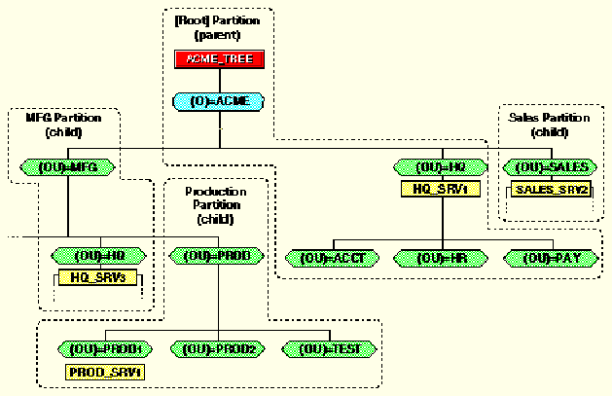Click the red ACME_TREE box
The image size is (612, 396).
pos(217,59)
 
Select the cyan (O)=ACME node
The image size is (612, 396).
pos(217,100)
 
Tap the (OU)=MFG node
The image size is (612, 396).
pos(68,167)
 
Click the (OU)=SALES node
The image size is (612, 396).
pos(550,167)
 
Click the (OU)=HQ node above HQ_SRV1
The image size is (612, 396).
pos(441,167)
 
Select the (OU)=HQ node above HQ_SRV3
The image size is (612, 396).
pos(97,256)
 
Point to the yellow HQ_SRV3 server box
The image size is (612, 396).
pos(98,277)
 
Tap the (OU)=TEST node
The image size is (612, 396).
pos(327,348)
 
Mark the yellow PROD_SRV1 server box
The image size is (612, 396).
pos(105,371)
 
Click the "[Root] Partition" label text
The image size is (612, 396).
pos(217,19)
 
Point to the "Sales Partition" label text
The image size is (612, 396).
pos(549,118)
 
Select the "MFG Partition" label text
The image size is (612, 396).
pos(61,118)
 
